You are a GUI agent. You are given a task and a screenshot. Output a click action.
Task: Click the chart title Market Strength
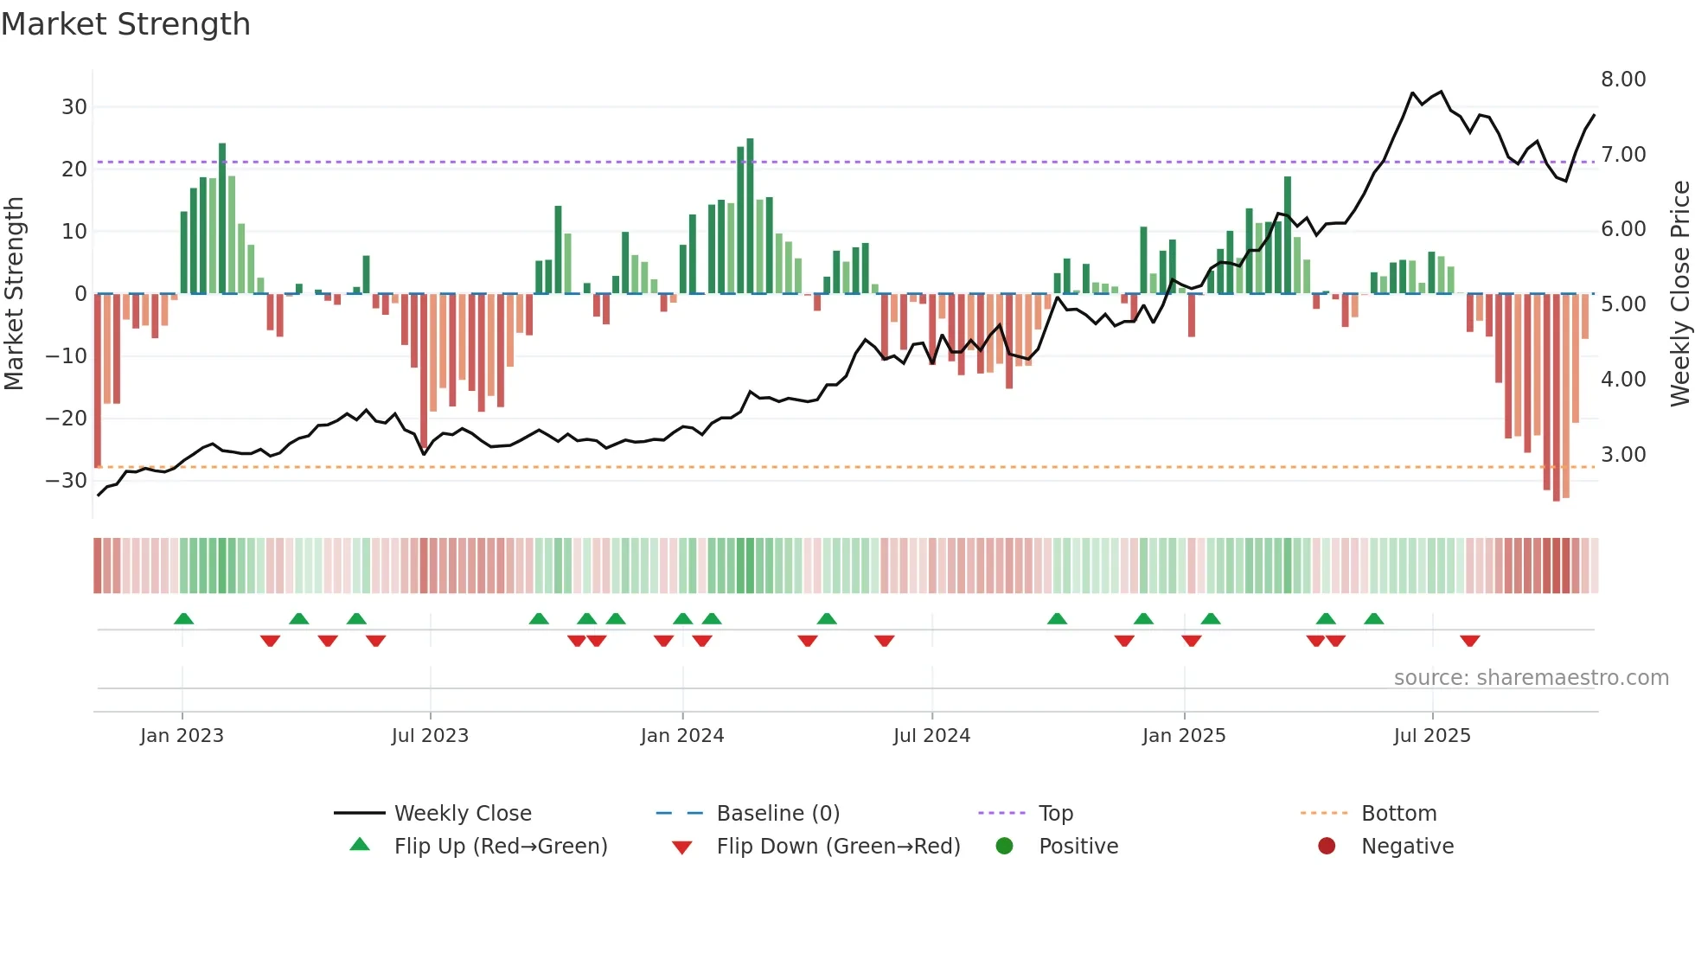(125, 24)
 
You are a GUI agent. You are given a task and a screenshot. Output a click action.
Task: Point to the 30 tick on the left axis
(74, 107)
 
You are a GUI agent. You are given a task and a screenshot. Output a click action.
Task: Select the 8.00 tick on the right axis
(1623, 80)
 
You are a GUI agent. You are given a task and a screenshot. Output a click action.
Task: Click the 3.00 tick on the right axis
(1623, 455)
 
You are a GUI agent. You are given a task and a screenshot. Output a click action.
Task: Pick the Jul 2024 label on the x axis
(931, 736)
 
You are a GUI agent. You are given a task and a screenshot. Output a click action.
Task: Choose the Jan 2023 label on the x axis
(182, 736)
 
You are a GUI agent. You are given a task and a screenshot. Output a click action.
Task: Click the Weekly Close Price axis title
(1679, 294)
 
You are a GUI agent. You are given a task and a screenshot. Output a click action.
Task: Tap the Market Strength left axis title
(14, 294)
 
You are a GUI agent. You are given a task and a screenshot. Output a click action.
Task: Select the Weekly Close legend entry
(463, 814)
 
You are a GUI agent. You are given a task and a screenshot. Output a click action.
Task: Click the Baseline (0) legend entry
(777, 814)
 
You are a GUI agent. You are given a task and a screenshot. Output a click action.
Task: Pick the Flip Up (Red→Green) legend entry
(501, 847)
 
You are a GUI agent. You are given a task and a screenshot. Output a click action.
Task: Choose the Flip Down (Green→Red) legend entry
(838, 847)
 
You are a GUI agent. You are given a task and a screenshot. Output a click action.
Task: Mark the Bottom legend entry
(1398, 814)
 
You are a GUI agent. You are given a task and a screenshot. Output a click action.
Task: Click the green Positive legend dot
(1004, 847)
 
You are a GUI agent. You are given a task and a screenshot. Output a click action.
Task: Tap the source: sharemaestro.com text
(1531, 678)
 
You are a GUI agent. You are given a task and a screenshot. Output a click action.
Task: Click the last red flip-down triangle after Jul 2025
(1469, 641)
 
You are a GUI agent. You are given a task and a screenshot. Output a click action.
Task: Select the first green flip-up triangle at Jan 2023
(183, 618)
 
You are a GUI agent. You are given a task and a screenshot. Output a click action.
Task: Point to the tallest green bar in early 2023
(222, 216)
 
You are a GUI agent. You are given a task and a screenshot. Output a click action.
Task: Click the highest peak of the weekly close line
(1441, 92)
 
